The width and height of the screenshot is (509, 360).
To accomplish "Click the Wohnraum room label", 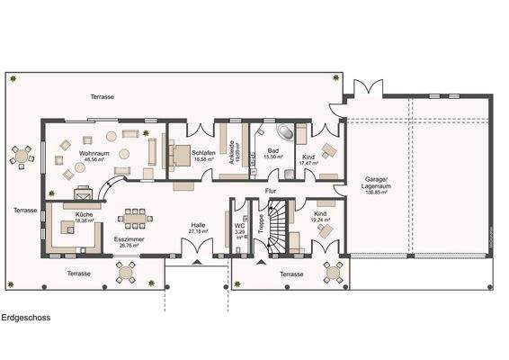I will pos(94,155).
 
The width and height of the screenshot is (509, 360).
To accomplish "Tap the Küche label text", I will pos(85,215).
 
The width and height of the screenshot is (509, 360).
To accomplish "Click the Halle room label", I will pos(198,226).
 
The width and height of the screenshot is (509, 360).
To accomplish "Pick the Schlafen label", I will pos(203,153).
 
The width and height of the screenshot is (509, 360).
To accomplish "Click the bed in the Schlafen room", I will pos(180,155).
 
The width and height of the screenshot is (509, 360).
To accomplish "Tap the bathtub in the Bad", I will pos(270,131).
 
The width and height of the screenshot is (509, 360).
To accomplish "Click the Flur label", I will pos(269,191).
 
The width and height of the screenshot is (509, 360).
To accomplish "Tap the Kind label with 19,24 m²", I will pos(319,215).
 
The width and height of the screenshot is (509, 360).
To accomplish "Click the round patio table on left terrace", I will pos(22,155).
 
